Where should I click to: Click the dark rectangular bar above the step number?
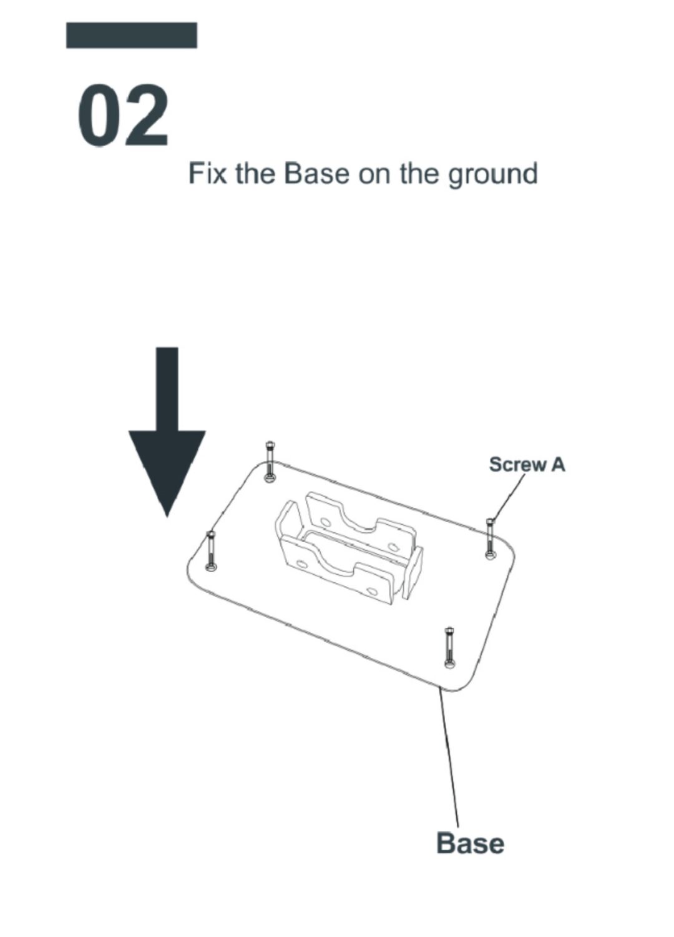coord(132,36)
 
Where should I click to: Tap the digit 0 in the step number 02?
coord(98,116)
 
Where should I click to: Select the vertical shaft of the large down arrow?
coord(167,389)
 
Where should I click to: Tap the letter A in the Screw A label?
coord(557,464)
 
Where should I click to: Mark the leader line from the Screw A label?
coord(508,497)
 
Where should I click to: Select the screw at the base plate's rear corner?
coord(270,462)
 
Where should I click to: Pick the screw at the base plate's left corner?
coord(210,551)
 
